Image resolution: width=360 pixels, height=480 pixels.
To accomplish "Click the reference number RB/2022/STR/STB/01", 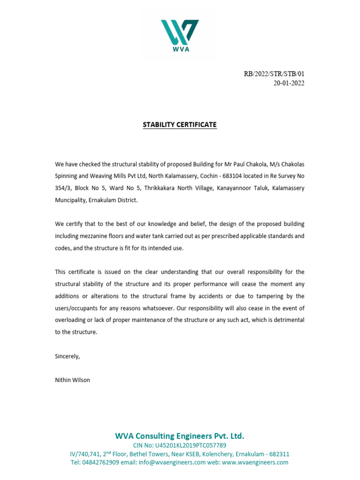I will point(274,74).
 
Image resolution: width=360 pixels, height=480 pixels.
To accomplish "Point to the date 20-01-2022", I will point(289,83).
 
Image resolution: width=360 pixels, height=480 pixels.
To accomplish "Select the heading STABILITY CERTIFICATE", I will point(180,125).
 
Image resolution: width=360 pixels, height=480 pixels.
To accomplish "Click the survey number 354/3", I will point(63,188).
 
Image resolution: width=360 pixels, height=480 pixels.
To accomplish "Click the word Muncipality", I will point(70,200).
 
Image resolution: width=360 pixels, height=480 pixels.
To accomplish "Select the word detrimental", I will point(287,320).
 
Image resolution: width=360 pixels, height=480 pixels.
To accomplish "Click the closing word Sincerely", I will point(67,356).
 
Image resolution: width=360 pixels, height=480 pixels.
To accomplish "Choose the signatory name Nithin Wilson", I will point(72,380).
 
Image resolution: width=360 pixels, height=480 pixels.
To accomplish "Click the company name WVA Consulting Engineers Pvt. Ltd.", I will point(180,436).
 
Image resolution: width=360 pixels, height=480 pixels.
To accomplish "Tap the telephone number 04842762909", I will point(100,462).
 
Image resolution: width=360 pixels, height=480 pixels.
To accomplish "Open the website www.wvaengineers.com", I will point(255,462).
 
